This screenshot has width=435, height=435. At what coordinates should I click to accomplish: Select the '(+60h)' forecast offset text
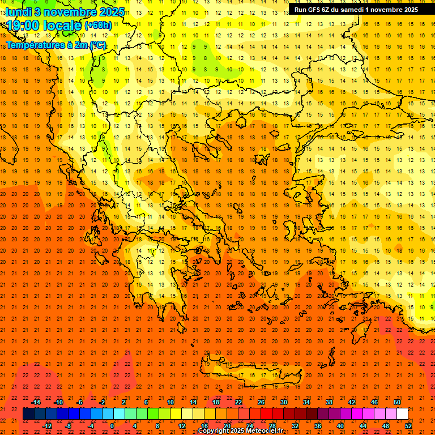click(x=98, y=25)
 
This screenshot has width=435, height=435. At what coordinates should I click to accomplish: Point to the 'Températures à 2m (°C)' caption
click(x=56, y=45)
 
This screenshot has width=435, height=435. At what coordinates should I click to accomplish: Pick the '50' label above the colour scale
click(x=396, y=402)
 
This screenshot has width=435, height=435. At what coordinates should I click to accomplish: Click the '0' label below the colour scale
click(x=112, y=425)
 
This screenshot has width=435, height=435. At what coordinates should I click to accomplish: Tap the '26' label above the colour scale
click(x=261, y=402)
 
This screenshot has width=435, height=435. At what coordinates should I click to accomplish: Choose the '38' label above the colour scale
click(x=329, y=402)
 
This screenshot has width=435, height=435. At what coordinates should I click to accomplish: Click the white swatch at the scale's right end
click(x=402, y=413)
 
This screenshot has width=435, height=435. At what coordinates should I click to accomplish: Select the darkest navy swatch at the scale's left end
click(x=28, y=413)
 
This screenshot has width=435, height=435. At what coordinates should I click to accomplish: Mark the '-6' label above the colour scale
click(x=80, y=402)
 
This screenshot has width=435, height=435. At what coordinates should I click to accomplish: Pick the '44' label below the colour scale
click(x=363, y=425)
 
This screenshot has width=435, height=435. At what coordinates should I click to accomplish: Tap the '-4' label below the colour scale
click(x=90, y=425)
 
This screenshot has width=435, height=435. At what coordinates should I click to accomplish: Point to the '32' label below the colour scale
click(x=295, y=425)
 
